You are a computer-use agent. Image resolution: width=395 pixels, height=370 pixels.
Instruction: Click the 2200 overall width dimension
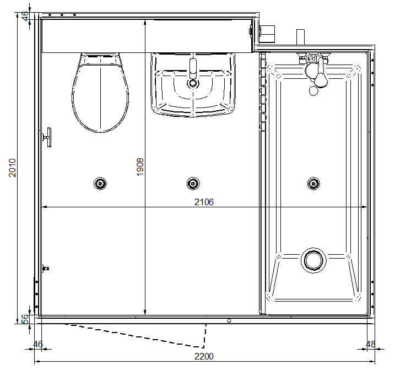pos(204,356)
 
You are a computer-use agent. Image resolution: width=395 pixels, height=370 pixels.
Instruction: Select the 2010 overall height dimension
pos(12,168)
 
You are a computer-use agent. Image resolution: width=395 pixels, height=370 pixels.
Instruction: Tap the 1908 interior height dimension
pos(140,167)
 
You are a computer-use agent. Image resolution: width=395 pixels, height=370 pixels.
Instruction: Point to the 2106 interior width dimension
pos(204,202)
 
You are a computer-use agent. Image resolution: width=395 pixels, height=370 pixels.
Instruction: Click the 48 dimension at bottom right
pos(370,344)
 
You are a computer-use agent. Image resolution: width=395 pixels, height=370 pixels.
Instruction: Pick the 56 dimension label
pos(25,319)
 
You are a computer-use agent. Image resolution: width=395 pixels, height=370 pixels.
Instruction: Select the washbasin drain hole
pos(193,83)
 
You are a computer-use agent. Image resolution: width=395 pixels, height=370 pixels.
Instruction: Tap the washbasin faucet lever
pos(193,68)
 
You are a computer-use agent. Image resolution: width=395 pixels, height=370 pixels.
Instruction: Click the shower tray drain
pos(313,260)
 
